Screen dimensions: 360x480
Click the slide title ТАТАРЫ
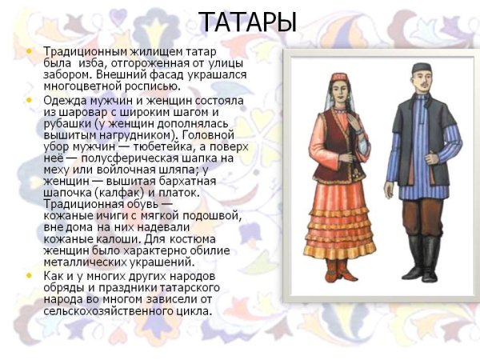point(247,22)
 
